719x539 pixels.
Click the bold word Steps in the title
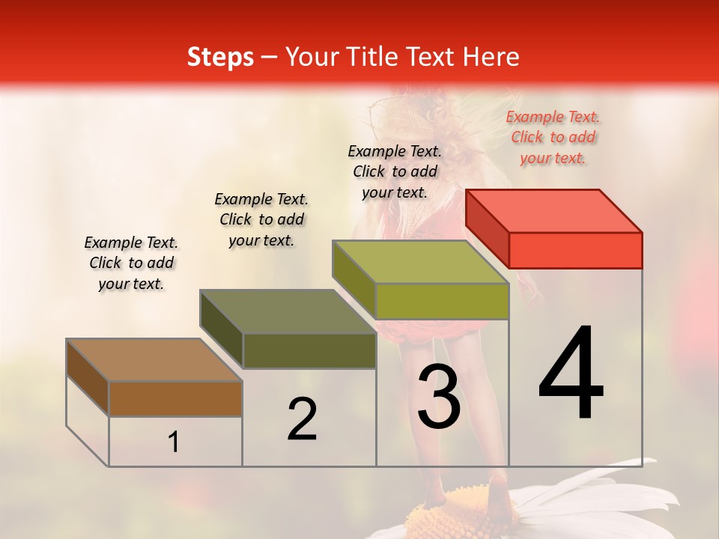point(220,57)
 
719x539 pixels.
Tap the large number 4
point(571,374)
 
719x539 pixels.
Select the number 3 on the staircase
point(438,397)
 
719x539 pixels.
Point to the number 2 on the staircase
point(302,419)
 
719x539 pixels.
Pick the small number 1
point(174,442)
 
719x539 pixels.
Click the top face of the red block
point(554,211)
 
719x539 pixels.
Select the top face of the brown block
point(154,360)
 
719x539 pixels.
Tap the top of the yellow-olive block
point(421,262)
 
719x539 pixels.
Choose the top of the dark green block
point(288,311)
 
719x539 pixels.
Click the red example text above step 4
point(553,138)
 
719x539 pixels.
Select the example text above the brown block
point(131,263)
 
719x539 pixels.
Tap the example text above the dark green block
point(261,219)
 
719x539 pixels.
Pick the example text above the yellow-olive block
point(395,171)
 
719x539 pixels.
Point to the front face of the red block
point(575,250)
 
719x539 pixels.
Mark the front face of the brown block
point(175,399)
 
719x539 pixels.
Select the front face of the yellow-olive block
point(442,301)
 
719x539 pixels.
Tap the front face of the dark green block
point(309,350)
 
